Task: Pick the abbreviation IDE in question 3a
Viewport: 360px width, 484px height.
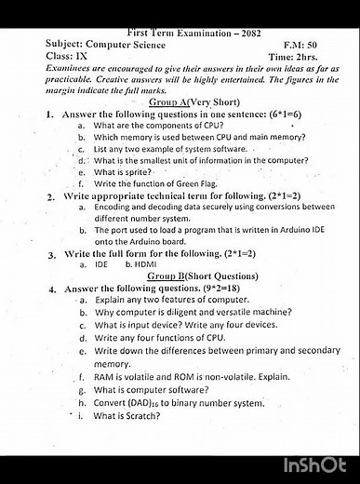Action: (101, 265)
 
